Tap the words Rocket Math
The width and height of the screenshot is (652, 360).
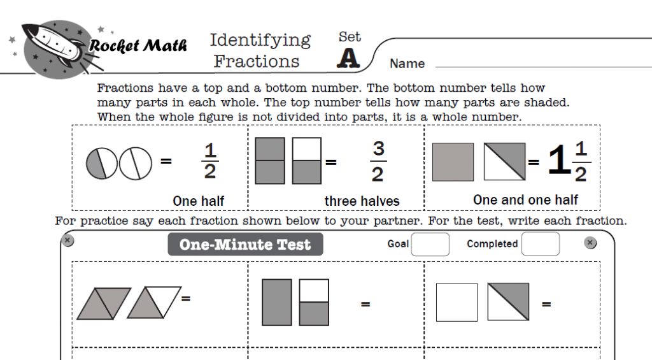138,46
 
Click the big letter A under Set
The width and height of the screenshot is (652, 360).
348,58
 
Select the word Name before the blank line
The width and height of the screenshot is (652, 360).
407,64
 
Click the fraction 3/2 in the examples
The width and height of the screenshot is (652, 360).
378,162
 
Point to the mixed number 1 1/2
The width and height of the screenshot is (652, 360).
569,162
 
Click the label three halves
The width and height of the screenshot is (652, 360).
362,201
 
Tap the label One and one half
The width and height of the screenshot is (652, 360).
525,200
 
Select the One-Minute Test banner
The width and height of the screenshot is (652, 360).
245,245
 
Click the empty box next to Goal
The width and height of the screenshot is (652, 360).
430,244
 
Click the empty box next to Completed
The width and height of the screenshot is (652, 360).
540,244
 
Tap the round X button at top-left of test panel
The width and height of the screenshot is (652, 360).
68,241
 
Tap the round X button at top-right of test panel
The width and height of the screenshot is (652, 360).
590,243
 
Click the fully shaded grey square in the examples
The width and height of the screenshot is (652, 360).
453,162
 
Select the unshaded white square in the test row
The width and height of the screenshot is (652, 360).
457,303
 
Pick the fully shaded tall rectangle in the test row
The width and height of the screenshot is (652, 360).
277,303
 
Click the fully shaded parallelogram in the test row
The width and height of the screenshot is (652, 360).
103,303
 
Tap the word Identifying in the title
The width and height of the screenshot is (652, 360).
260,40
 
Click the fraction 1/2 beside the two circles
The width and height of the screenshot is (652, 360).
210,162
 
